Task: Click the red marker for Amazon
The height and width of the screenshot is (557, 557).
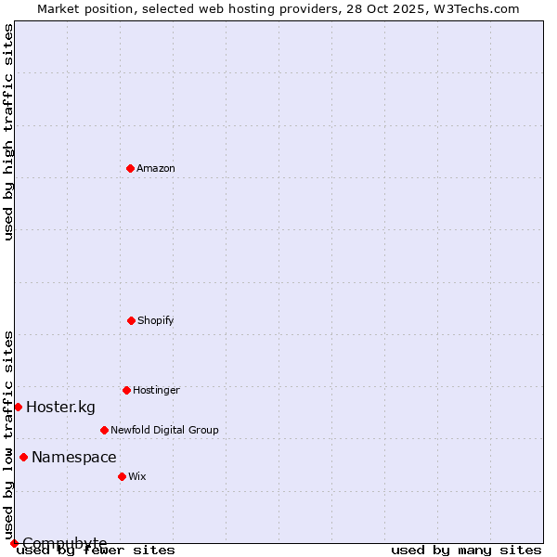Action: click(x=130, y=168)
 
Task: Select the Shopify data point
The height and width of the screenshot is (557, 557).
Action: click(x=131, y=320)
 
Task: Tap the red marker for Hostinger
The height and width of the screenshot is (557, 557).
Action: click(x=126, y=390)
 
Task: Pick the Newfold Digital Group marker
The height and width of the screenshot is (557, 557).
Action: click(x=104, y=430)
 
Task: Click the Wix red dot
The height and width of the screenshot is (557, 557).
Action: click(x=122, y=476)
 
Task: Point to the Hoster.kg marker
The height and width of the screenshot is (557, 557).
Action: click(x=18, y=407)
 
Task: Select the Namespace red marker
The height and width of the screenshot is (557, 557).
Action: click(x=23, y=457)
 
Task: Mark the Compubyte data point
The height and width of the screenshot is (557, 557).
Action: click(x=14, y=543)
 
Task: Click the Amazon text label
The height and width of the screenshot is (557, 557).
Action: click(x=156, y=168)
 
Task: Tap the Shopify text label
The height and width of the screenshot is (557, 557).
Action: click(x=155, y=320)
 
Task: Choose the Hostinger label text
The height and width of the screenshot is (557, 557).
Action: click(x=156, y=390)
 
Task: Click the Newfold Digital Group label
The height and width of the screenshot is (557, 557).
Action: click(x=164, y=430)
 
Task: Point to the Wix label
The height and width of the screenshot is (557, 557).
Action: click(x=137, y=476)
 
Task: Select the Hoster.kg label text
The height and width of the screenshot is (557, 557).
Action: click(x=60, y=407)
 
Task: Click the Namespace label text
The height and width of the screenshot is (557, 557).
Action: click(x=74, y=457)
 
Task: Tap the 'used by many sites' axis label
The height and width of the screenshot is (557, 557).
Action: click(x=466, y=550)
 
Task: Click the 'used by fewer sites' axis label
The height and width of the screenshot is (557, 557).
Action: click(x=97, y=550)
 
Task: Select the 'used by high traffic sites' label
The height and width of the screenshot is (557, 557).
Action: click(x=9, y=132)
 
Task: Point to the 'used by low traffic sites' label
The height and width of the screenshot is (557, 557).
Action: click(x=9, y=434)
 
